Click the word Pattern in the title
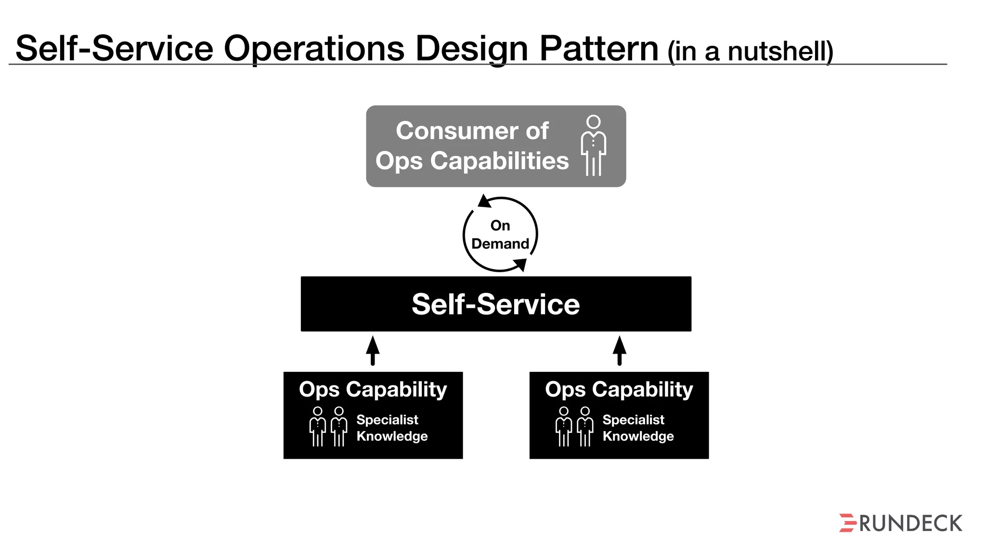[598, 49]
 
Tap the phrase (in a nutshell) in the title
[750, 51]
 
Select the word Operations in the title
[314, 49]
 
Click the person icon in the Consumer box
[594, 145]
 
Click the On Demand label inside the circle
[500, 235]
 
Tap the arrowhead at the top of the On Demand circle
[484, 201]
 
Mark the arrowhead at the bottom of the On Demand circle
[520, 264]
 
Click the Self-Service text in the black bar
[495, 304]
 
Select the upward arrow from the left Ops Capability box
[373, 350]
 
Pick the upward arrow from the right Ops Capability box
[620, 350]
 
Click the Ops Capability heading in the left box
[373, 389]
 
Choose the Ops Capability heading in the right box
[619, 389]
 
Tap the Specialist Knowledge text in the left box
[392, 428]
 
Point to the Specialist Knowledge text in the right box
[638, 428]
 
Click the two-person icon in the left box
[328, 426]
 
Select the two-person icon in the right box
[574, 426]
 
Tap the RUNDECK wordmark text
[910, 524]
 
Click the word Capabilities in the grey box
[499, 160]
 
